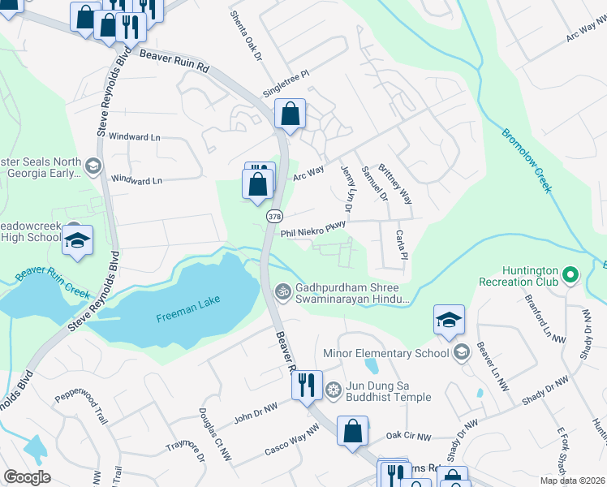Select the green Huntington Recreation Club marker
click(572, 276)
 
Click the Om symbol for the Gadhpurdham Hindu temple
click(283, 291)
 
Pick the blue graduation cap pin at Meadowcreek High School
click(79, 241)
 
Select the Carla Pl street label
click(400, 244)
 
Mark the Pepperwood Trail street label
click(81, 405)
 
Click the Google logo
click(27, 477)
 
